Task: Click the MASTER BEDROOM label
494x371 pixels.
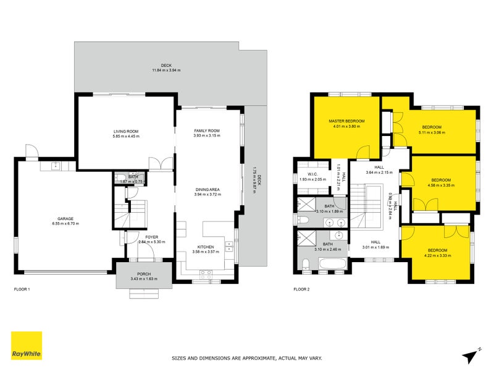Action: coord(346,121)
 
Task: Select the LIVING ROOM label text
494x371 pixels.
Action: coord(125,130)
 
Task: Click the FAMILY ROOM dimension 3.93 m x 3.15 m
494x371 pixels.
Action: coord(207,136)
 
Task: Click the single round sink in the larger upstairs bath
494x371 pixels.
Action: coord(340,236)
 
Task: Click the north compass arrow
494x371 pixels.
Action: coord(471,354)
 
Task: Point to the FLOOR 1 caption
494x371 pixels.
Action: coord(22,289)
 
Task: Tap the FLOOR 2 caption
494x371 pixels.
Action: coord(303,289)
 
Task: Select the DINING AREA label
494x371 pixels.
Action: coord(207,189)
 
